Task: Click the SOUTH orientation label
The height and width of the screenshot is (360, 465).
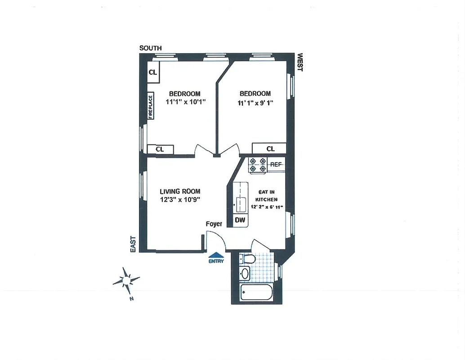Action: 150,48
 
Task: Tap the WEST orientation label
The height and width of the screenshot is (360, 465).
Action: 300,63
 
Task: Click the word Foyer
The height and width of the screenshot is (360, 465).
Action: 214,224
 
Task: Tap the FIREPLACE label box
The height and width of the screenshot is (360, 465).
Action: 151,106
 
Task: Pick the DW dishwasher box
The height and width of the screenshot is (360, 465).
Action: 240,220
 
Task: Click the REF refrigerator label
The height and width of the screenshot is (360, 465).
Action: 276,165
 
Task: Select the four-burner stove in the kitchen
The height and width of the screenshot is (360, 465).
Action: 257,165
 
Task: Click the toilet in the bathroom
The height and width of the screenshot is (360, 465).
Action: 246,259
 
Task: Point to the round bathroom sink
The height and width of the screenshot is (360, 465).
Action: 245,273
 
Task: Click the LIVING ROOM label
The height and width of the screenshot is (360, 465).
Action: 180,191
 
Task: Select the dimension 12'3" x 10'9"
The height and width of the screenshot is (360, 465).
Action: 180,200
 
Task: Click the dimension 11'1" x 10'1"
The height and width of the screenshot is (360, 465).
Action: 185,102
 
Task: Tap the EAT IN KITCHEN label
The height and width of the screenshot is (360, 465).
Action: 266,195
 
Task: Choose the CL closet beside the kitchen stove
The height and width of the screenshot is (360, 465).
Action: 270,148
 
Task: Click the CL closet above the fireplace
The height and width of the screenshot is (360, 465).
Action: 153,72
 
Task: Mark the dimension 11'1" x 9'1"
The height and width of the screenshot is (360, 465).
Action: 255,103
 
